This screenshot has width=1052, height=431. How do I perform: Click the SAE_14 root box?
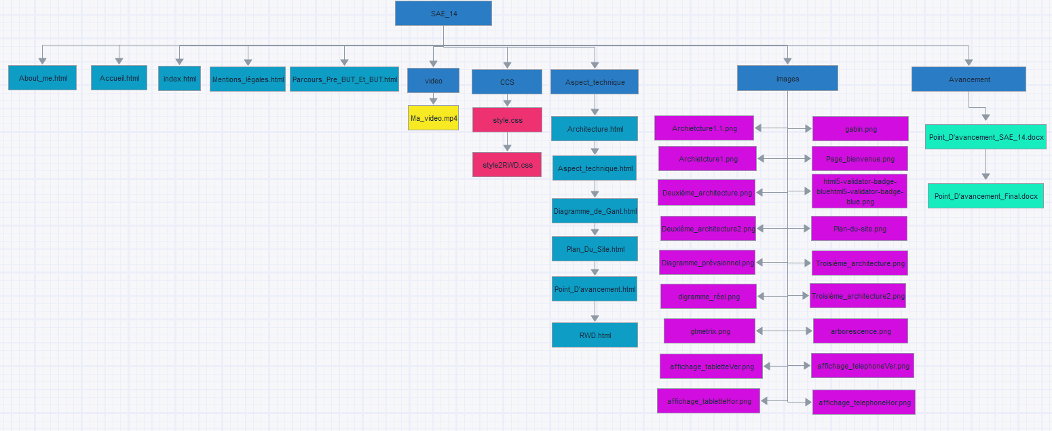pos(443,13)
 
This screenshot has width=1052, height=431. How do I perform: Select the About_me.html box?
pos(42,78)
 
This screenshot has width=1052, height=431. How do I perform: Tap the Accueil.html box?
pos(119,78)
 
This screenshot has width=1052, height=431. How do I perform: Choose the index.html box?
pos(179,79)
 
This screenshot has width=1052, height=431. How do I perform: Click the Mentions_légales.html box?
pos(248,79)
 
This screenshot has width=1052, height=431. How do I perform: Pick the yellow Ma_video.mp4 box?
pos(433,118)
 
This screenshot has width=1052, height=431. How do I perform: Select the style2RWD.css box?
pos(507,165)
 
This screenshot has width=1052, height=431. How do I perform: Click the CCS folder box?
pos(507,81)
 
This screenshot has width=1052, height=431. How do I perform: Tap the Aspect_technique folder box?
pos(595,81)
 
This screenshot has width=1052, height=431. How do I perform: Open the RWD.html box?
pos(595,335)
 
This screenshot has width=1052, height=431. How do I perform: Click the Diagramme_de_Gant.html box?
pos(595,211)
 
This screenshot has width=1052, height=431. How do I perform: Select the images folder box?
pos(787,79)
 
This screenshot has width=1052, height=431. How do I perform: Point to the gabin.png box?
pos(861,129)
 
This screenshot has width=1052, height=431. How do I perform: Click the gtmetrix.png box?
pos(710,331)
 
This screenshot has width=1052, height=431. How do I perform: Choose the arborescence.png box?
pos(861,331)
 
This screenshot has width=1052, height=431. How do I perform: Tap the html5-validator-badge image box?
pos(859,191)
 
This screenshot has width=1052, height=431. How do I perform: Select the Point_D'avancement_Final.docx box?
pos(985,195)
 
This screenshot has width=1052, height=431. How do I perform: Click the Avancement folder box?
pos(969,79)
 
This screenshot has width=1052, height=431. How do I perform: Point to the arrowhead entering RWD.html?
pos(595,318)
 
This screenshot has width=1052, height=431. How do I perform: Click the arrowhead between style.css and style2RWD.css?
pos(507,147)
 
